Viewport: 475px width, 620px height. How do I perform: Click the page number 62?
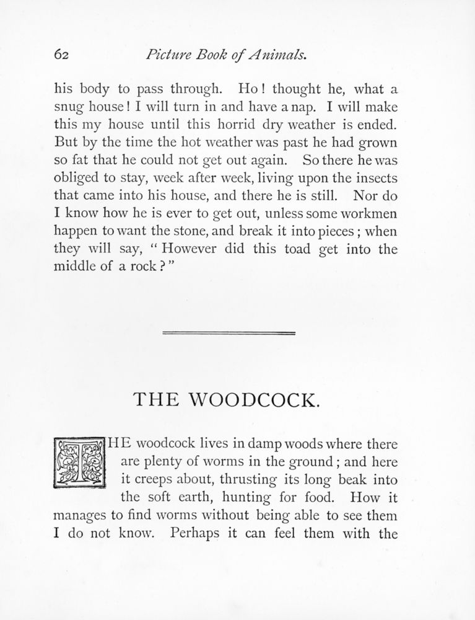pos(60,55)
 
